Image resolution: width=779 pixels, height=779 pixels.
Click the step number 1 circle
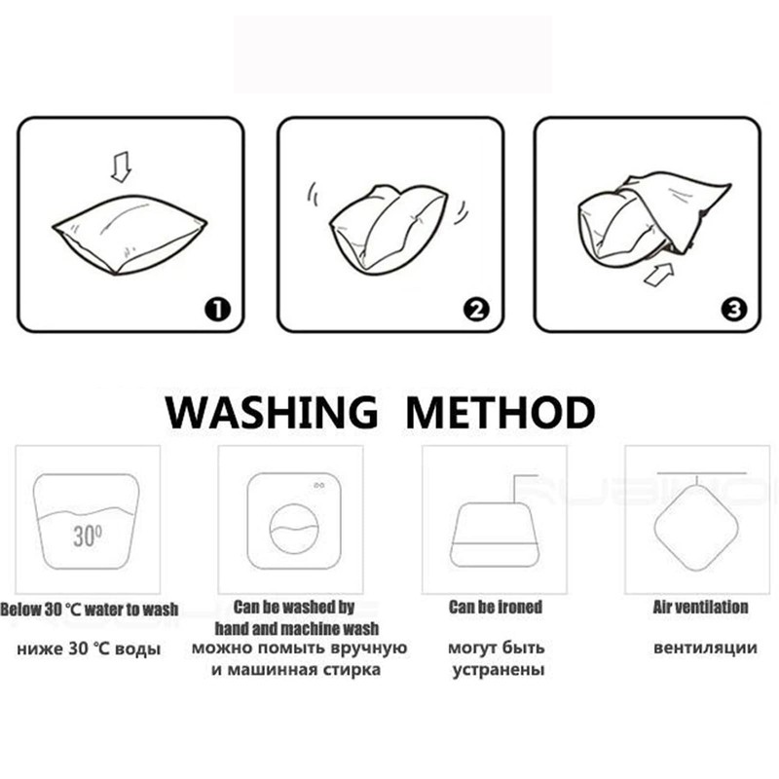(217, 310)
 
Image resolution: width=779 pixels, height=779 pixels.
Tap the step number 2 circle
(476, 310)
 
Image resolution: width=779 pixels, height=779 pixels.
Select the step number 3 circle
(734, 310)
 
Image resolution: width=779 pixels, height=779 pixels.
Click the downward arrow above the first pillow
(121, 167)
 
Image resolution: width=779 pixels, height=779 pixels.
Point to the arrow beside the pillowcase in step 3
(659, 275)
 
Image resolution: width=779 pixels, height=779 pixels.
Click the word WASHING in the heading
(272, 412)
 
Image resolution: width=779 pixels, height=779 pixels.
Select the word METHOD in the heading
(501, 412)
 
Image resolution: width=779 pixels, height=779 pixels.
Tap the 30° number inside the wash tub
(88, 536)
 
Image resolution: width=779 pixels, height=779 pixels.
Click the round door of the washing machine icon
(294, 529)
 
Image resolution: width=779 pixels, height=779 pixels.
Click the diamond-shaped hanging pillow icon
(696, 528)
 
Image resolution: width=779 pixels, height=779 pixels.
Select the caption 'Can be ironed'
(496, 607)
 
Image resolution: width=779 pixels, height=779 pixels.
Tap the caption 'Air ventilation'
(700, 607)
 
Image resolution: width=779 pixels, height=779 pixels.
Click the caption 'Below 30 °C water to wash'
(89, 610)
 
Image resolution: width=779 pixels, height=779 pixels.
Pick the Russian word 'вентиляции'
(705, 648)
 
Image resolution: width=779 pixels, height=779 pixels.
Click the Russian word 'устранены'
(499, 670)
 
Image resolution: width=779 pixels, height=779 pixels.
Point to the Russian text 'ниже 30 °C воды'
(89, 649)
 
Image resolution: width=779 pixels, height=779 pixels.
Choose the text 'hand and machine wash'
(297, 628)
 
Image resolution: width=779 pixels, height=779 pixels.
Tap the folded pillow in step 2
(389, 229)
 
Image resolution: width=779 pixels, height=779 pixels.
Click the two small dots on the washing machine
(319, 485)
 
